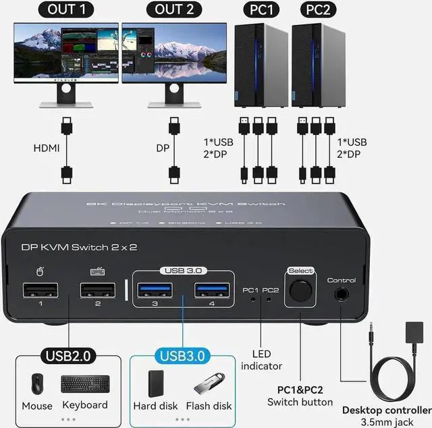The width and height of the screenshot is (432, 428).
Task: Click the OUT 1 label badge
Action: point(65,9)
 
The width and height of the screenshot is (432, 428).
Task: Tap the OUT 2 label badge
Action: point(173,9)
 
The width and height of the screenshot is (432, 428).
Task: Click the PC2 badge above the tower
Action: point(317,9)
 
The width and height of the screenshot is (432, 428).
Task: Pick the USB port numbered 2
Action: point(97,290)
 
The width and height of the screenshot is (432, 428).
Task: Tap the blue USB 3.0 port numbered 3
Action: point(155,290)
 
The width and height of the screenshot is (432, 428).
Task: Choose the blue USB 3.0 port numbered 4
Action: point(212,290)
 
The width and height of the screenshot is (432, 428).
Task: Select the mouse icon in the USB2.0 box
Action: point(36,384)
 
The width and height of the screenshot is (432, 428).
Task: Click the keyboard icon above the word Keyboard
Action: point(84,384)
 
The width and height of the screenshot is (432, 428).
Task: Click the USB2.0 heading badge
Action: point(67,355)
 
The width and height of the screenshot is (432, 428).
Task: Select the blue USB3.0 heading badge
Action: point(181,355)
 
